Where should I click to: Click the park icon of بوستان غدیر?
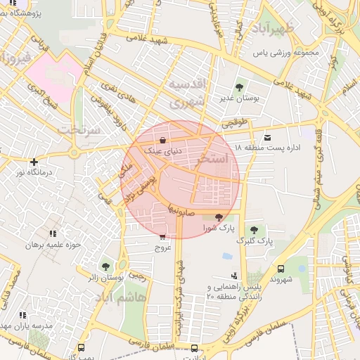(x=240, y=88)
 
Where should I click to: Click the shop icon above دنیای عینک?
(x=163, y=140)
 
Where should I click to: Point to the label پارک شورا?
(x=218, y=229)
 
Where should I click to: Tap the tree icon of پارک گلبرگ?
(x=253, y=230)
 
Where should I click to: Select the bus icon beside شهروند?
(x=281, y=269)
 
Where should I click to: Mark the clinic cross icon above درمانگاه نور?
(x=33, y=162)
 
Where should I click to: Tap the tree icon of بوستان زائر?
(x=105, y=266)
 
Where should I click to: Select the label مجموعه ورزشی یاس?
(x=287, y=53)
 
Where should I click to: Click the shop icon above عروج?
(x=163, y=238)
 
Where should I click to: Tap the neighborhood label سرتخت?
(x=75, y=130)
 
